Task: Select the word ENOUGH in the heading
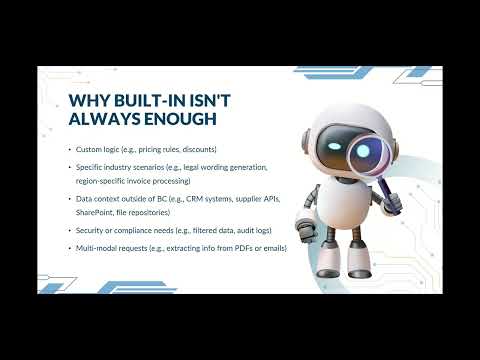pyautogui.click(x=171, y=121)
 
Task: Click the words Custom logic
pyautogui.click(x=98, y=148)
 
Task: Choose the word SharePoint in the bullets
pyautogui.click(x=94, y=211)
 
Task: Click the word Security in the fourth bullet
pyautogui.click(x=91, y=229)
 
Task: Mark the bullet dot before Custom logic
pyautogui.click(x=69, y=148)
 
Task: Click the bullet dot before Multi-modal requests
pyautogui.click(x=69, y=247)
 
